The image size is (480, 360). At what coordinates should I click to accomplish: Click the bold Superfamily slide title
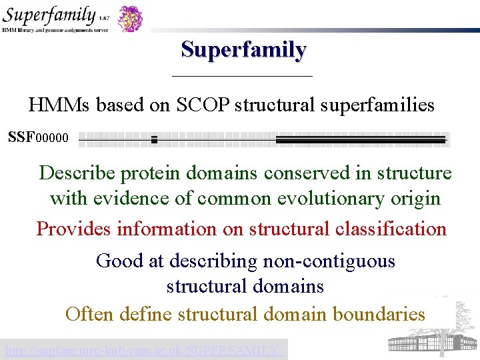tap(243, 50)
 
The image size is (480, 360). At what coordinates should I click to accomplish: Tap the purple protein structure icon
tap(131, 18)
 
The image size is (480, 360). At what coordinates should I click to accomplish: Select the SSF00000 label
tap(38, 138)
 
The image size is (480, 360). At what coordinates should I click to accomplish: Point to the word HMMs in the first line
tap(60, 105)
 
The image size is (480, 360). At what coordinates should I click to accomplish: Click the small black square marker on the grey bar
tap(154, 139)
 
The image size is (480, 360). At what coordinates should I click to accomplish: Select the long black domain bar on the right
tap(360, 139)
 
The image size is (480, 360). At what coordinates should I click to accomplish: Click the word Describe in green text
tap(78, 173)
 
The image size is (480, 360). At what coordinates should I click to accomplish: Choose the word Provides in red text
tap(74, 229)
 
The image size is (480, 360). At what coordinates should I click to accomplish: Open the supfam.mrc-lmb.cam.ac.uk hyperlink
tap(143, 349)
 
